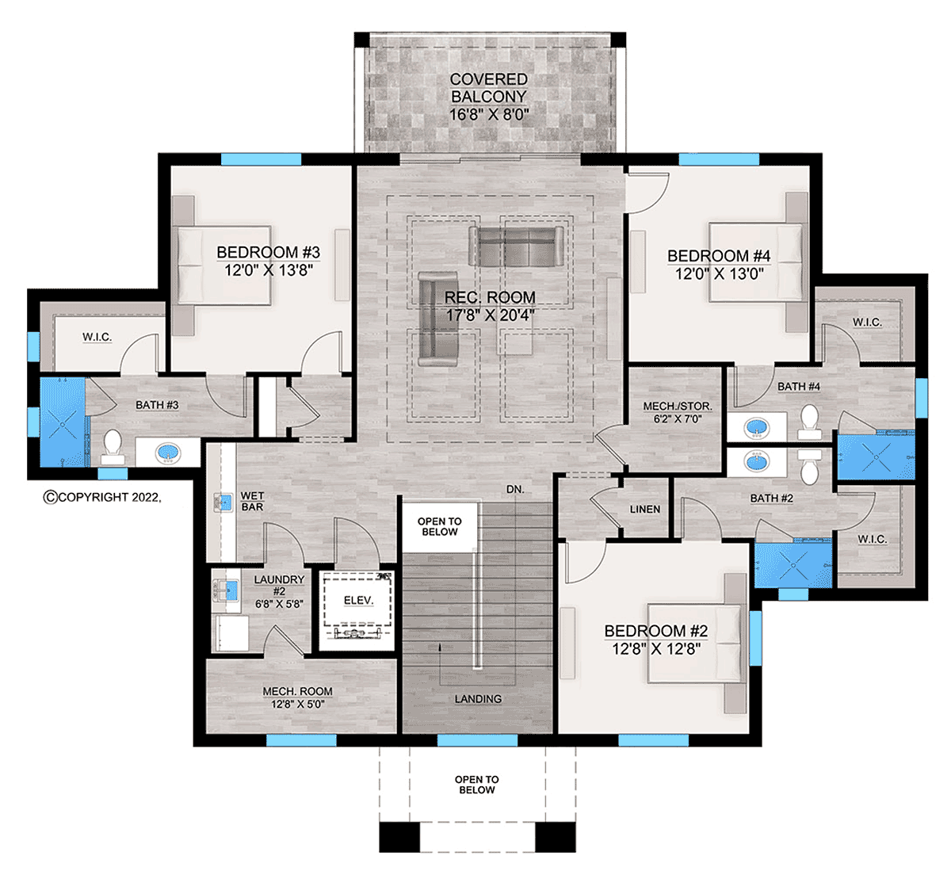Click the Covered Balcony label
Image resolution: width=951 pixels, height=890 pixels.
pyautogui.click(x=489, y=88)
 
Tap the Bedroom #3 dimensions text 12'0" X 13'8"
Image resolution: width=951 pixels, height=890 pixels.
pyautogui.click(x=269, y=270)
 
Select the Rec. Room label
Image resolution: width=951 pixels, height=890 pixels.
pyautogui.click(x=490, y=297)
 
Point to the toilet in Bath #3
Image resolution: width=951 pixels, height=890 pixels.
pyautogui.click(x=113, y=447)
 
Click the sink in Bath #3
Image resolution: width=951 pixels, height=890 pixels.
pyautogui.click(x=169, y=452)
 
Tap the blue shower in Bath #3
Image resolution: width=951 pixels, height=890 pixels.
pyautogui.click(x=63, y=422)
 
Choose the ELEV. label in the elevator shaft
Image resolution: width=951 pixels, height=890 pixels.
pyautogui.click(x=359, y=600)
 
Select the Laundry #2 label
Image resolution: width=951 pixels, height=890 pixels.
pyautogui.click(x=279, y=585)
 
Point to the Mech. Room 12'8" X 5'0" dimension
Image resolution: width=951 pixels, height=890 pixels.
pyautogui.click(x=298, y=704)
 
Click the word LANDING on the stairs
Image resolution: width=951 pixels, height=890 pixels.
pyautogui.click(x=478, y=699)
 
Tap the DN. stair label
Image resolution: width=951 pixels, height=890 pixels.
pyautogui.click(x=515, y=490)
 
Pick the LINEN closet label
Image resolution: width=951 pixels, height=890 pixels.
pyautogui.click(x=644, y=509)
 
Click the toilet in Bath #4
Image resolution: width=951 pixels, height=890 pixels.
pyautogui.click(x=810, y=422)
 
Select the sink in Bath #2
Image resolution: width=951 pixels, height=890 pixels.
pyautogui.click(x=757, y=462)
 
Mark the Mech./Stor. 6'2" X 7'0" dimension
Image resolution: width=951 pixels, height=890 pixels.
pyautogui.click(x=678, y=418)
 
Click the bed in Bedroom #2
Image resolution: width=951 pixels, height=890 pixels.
pyautogui.click(x=696, y=644)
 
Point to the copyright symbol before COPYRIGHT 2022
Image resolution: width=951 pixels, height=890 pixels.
pyautogui.click(x=50, y=497)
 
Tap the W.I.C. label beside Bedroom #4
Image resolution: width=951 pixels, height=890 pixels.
pyautogui.click(x=867, y=323)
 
